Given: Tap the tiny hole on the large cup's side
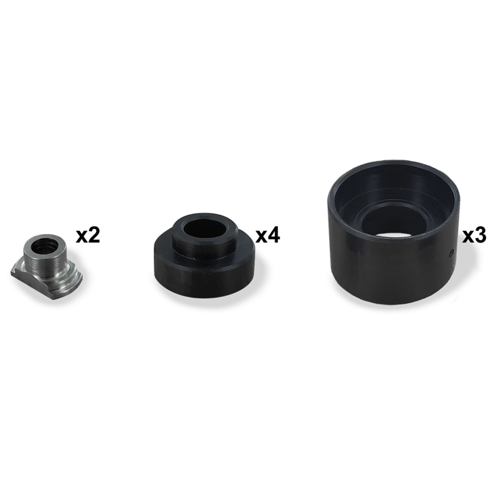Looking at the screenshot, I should click(450, 253).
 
